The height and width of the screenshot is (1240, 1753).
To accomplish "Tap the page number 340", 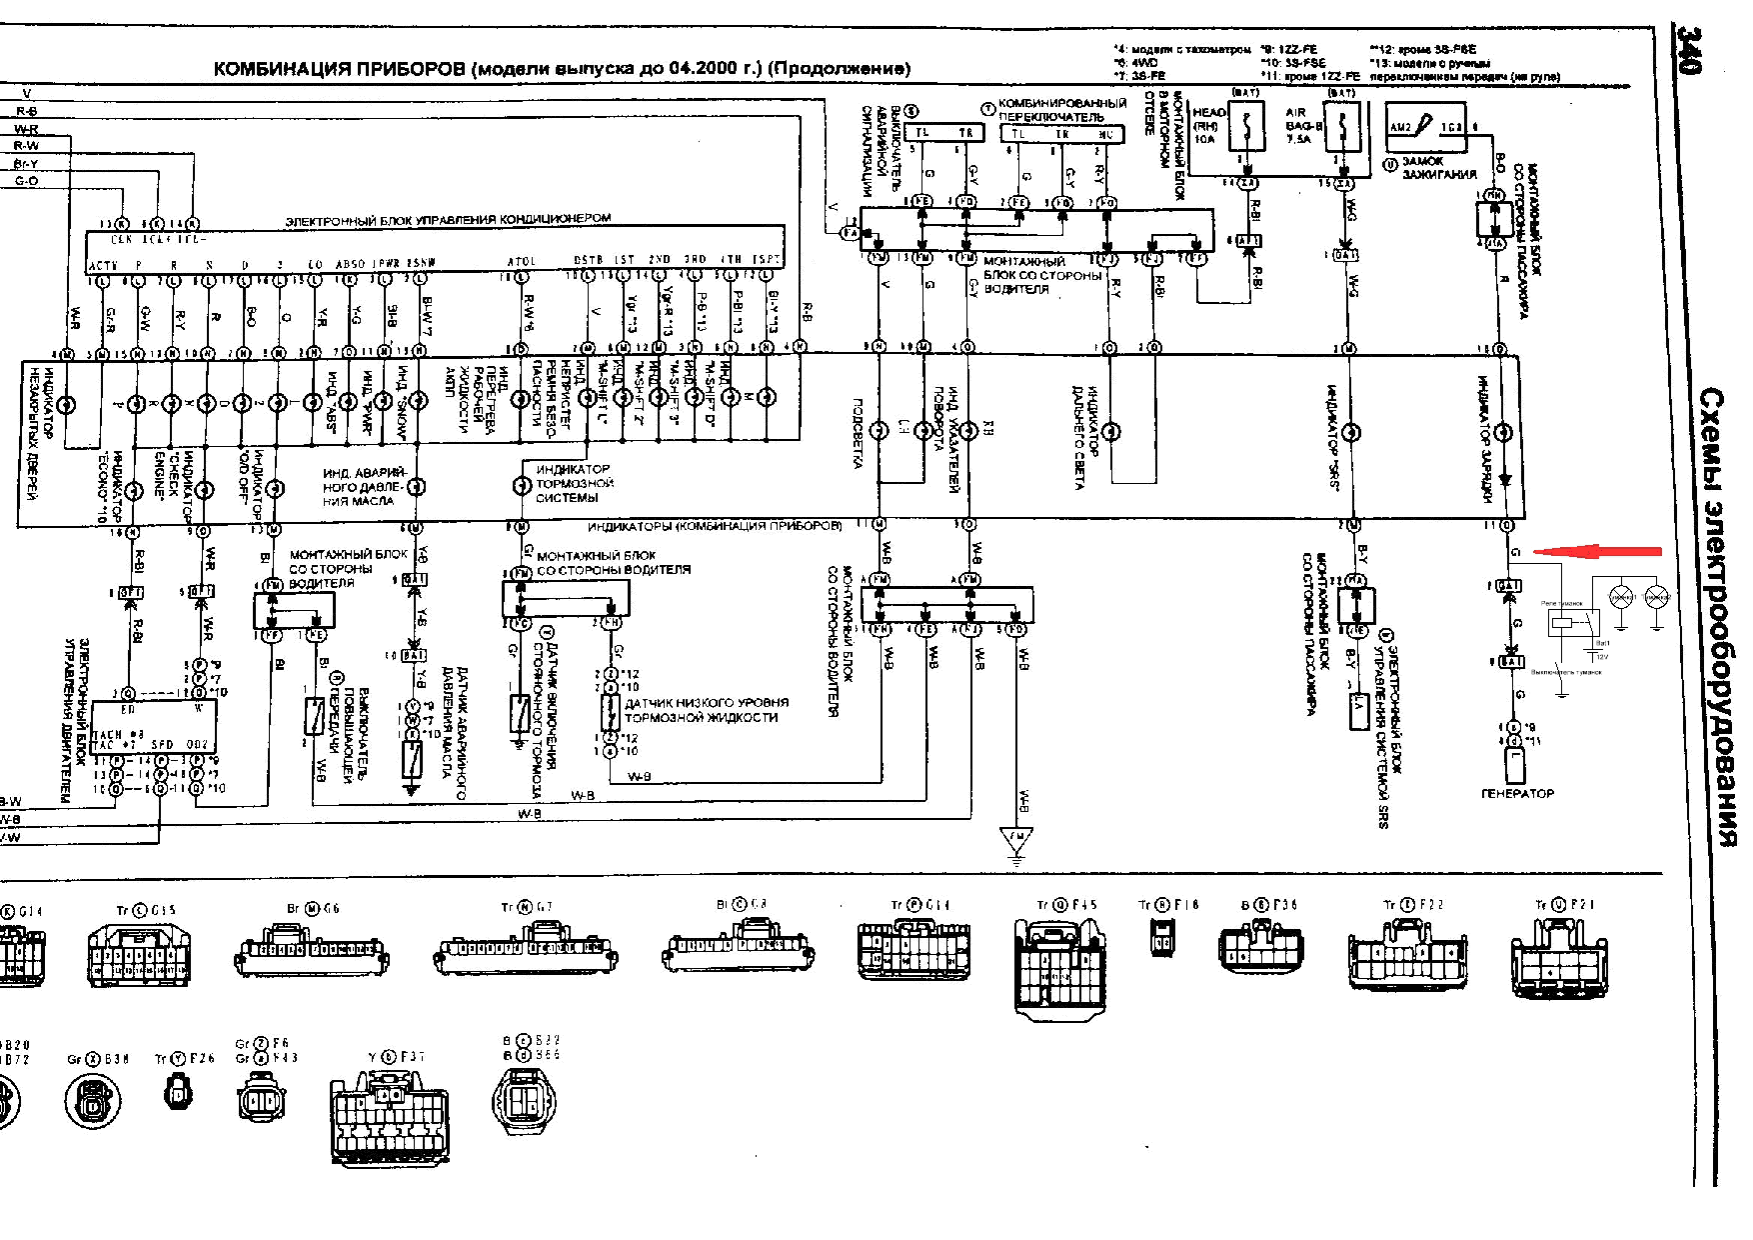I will [x=1687, y=50].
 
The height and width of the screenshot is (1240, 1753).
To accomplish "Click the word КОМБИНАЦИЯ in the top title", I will [x=283, y=69].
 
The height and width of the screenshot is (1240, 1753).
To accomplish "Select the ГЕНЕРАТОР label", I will [x=1517, y=793].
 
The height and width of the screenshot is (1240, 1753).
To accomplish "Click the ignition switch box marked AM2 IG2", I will [x=1426, y=128].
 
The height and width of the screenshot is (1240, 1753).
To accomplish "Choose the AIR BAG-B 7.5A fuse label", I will [x=1302, y=126].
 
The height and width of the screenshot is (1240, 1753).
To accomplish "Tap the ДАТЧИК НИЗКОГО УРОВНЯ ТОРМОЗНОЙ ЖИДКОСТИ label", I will [x=706, y=710].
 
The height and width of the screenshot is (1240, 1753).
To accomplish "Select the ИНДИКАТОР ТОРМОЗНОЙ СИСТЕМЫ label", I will [x=573, y=483].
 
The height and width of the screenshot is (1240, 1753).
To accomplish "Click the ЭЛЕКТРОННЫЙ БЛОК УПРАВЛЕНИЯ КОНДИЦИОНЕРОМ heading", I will [x=448, y=220].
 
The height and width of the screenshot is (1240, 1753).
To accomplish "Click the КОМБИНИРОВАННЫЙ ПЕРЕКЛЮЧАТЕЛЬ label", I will [x=1062, y=110].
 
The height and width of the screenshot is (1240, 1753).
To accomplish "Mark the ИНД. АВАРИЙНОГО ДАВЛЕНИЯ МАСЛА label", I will [x=364, y=487].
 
